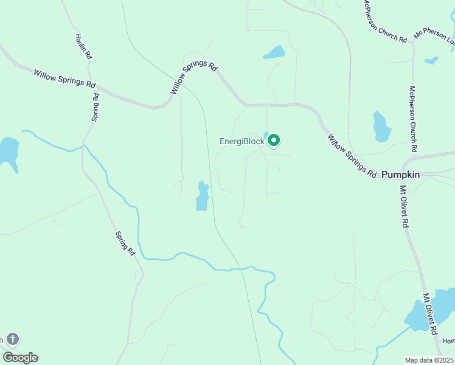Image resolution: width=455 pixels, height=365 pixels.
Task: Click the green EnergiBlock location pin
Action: coord(274,141)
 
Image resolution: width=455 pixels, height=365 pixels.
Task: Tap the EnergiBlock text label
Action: coord(242,141)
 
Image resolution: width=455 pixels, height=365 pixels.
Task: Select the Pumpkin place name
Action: coord(400,175)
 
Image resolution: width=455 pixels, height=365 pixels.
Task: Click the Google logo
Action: coord(20,357)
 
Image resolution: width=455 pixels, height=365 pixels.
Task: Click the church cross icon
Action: coord(13,339)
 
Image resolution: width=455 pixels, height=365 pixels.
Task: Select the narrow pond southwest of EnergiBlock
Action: coord(203,196)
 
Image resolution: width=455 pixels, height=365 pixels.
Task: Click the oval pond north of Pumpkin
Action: coord(381,127)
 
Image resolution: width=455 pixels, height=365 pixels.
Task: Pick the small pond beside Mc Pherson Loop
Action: coord(431,61)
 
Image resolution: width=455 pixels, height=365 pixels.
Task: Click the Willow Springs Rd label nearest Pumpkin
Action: coord(352,156)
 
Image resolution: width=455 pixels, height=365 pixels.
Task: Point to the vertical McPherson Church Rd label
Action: coord(413,119)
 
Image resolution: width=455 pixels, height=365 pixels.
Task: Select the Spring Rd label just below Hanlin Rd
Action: coord(96,107)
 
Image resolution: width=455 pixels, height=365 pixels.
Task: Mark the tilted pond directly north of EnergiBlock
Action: coord(274,53)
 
